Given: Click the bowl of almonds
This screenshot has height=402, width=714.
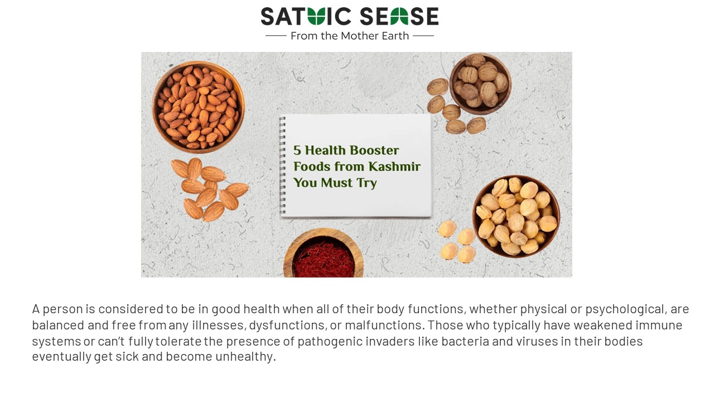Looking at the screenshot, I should (198, 107).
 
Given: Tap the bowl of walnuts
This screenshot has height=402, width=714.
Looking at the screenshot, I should (480, 84).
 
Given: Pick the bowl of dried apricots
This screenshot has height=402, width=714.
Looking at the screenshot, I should (516, 217).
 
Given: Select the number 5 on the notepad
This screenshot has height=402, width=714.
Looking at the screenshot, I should (297, 150).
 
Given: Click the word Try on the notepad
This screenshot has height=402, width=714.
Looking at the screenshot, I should (366, 183).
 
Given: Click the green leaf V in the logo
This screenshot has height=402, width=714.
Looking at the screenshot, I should (316, 17).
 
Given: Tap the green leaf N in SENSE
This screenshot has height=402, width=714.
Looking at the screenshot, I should (399, 17).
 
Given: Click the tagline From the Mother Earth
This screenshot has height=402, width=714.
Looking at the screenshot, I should (350, 36).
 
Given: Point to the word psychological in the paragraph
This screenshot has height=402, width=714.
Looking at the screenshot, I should (625, 309).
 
